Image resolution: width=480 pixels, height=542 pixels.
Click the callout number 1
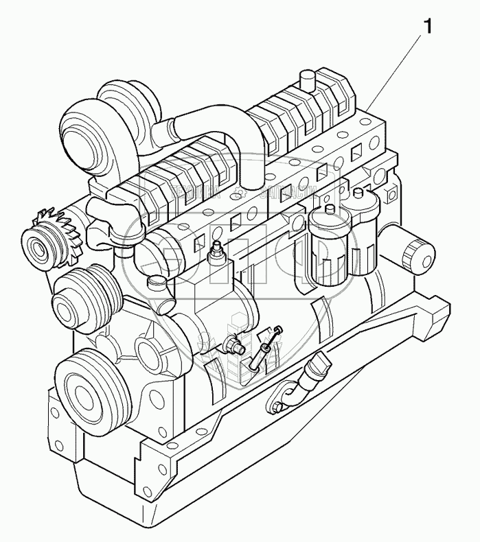pos(428,27)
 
